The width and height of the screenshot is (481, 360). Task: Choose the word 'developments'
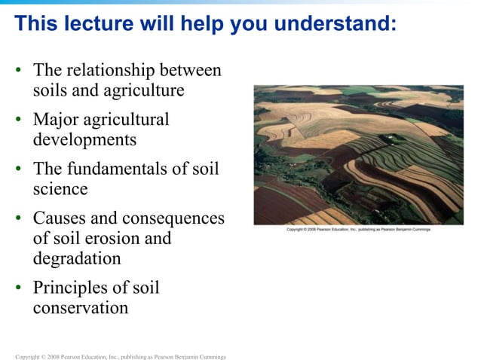84,139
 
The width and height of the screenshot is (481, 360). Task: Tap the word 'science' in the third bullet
60,188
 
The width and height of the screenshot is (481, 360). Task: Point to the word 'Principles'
74,288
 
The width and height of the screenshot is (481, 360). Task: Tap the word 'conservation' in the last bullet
81,307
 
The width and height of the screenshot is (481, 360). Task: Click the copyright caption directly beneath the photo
359,229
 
